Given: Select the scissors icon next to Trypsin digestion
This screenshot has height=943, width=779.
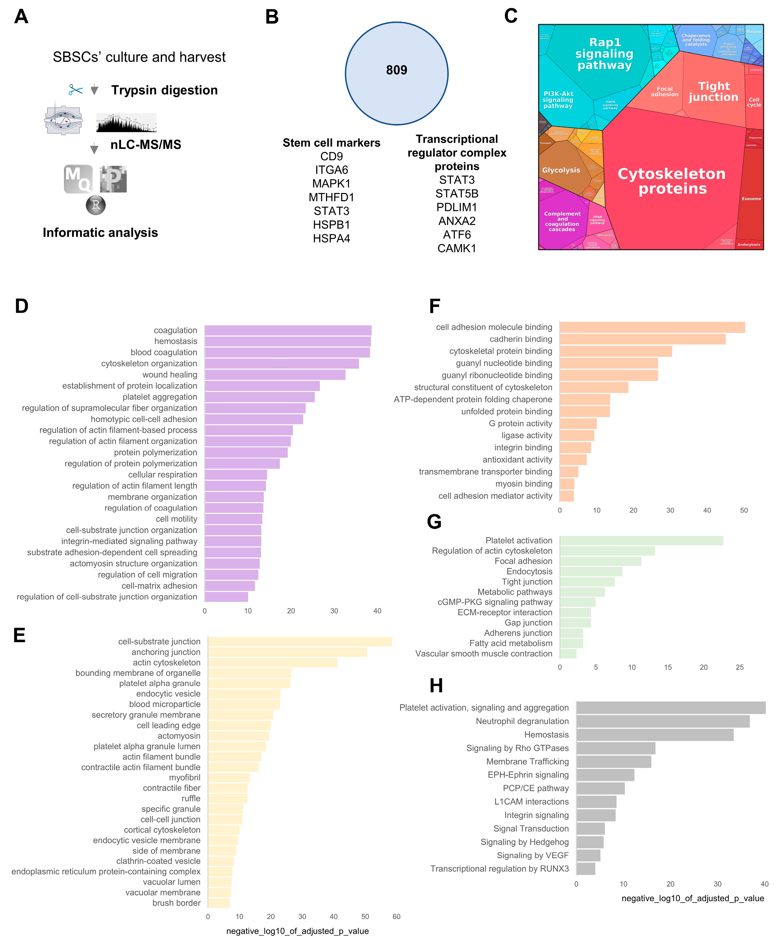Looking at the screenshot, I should coord(75,90).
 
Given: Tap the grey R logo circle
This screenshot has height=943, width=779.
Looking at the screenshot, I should coord(96,205).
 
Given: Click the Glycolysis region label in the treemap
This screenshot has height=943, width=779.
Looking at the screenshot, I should coord(561,170).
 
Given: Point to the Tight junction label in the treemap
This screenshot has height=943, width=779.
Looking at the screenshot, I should coord(714,92).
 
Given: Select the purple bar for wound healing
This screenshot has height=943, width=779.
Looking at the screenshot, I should coord(275,374).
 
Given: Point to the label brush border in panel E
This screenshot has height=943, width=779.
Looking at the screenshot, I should coord(176,903).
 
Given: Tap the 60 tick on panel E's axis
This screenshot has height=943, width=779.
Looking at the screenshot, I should coord(396,917).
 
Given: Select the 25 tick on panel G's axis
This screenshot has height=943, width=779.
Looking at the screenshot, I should coord(739,667).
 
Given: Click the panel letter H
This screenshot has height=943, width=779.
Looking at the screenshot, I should coord(436,686).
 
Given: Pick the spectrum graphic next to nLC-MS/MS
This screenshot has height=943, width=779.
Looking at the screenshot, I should coord(126,123).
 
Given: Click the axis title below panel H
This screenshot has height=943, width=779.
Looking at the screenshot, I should coord(692,898).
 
